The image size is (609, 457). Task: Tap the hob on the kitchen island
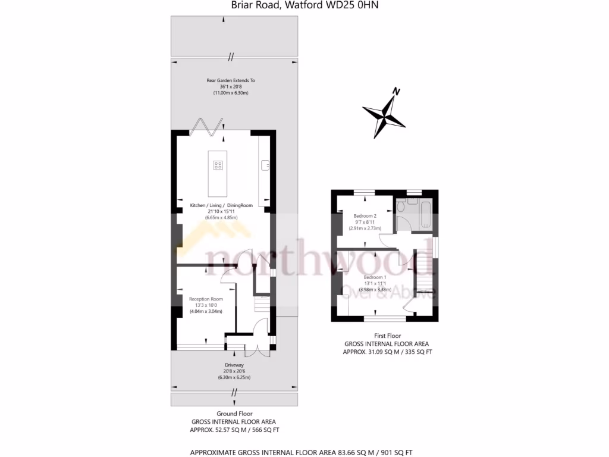(218, 165)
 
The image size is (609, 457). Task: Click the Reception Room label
(206, 299)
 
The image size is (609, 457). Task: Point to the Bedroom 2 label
(365, 215)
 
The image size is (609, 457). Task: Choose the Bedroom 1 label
(375, 277)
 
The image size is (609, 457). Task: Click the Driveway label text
(234, 365)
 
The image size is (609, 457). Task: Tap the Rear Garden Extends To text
(231, 80)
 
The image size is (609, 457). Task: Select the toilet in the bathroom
(401, 206)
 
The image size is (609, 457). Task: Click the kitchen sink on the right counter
(265, 163)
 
